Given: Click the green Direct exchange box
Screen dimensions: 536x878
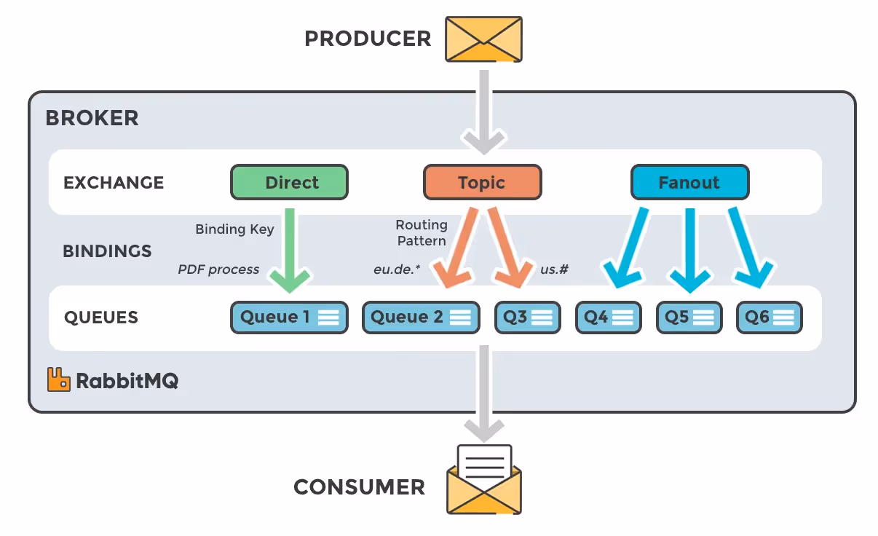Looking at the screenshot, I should (x=289, y=182).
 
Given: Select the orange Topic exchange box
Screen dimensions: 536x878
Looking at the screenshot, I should (x=482, y=182).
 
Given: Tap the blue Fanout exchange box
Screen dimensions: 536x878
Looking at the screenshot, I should (x=689, y=182).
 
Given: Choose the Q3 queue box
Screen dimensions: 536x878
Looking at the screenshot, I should (x=528, y=318).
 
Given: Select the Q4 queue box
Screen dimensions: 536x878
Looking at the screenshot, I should (x=608, y=318).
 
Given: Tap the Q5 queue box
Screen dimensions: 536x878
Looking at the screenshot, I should (x=689, y=318).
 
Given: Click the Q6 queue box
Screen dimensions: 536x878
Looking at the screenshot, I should (x=769, y=318).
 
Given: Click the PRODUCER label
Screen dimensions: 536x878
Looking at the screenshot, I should (x=368, y=39).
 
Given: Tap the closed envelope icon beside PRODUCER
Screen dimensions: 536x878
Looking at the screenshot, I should (x=483, y=39).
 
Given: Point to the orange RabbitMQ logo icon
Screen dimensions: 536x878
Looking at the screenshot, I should (x=59, y=379).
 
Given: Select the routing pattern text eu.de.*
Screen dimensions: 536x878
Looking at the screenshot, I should (x=397, y=269).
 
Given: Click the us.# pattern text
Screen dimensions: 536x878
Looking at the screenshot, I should (x=554, y=269).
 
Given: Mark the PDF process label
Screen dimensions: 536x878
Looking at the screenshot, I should (x=218, y=269).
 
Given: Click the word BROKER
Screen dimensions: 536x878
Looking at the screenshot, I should (x=92, y=118).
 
